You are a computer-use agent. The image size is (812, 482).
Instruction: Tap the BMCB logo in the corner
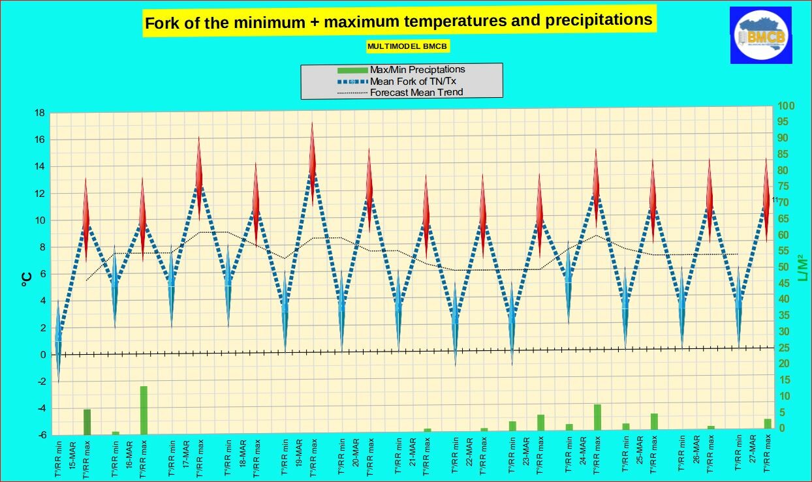761,37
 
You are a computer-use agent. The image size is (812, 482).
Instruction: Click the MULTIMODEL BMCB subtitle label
408,47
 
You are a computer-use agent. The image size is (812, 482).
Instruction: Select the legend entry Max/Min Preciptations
417,69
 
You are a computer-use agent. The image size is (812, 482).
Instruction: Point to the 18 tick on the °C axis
40,113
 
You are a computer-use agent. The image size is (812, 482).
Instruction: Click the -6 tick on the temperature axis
40,435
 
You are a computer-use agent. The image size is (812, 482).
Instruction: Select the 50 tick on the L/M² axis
786,267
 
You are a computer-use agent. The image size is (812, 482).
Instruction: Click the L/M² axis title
802,269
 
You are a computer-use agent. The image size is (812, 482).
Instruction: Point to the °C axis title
27,280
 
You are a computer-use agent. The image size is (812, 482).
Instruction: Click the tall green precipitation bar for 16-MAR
144,410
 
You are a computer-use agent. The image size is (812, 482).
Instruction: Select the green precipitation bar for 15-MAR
87,421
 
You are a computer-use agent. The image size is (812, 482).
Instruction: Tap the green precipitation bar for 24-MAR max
597,417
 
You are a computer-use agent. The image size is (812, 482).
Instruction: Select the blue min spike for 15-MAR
58,339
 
